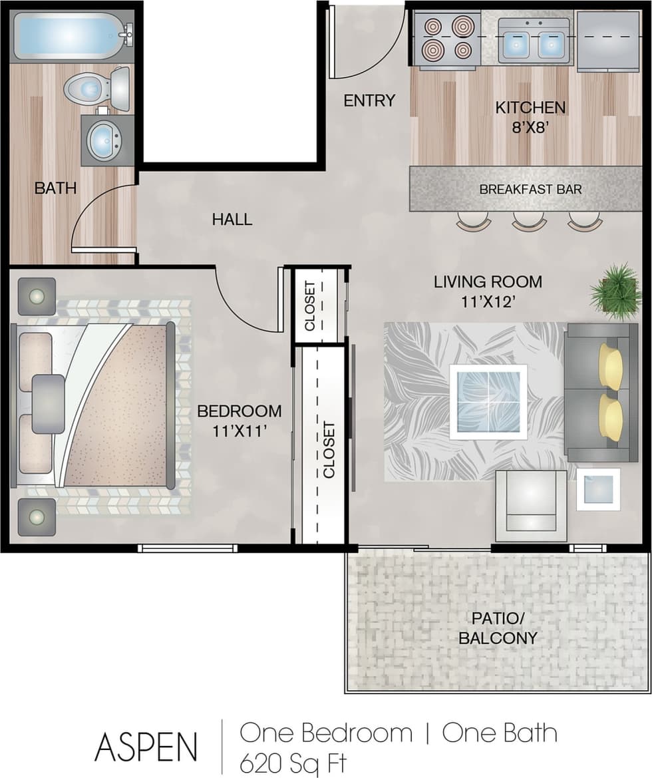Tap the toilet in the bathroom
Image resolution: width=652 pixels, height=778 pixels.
tap(96, 88)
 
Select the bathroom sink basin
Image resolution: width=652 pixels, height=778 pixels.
tap(104, 140)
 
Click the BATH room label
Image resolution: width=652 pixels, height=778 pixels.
tap(55, 188)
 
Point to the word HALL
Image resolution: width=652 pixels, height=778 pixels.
tap(232, 219)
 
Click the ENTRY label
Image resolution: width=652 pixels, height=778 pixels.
tap(369, 100)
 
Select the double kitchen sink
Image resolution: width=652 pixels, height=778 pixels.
tap(534, 41)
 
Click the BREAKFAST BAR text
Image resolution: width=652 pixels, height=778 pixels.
tap(530, 189)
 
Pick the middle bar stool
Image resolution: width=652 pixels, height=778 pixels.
tap(529, 222)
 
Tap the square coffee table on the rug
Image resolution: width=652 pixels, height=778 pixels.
tap(488, 402)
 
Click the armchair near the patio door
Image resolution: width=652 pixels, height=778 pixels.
tap(531, 505)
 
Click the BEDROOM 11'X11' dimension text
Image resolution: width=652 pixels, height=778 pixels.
tap(239, 421)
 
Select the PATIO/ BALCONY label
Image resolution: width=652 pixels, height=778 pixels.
tap(498, 628)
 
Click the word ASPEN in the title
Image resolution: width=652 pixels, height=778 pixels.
tap(146, 746)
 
